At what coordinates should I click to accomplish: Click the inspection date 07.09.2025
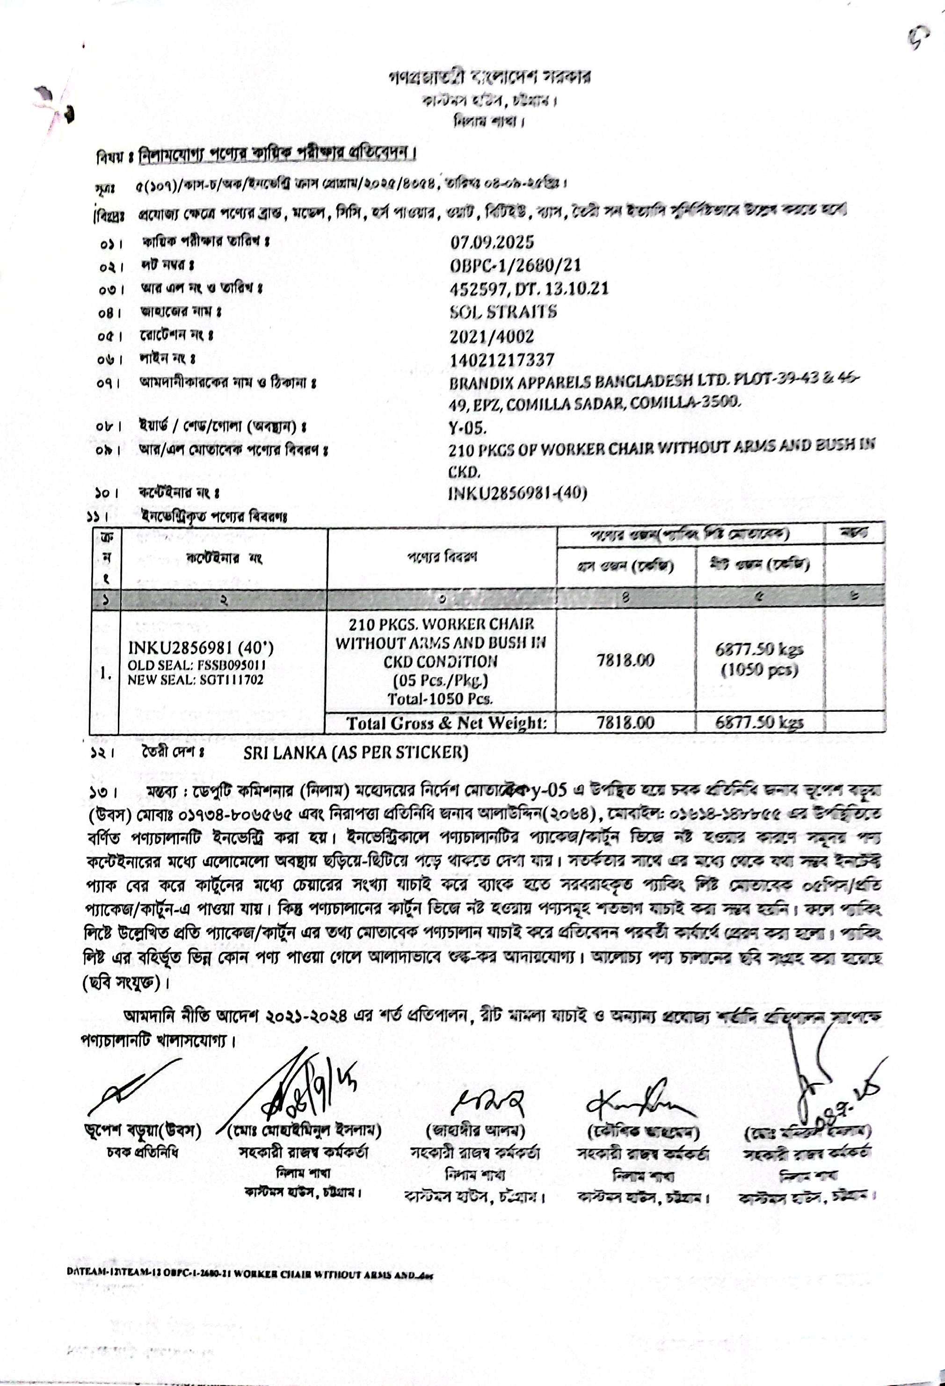(x=492, y=242)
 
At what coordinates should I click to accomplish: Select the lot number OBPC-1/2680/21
(x=516, y=266)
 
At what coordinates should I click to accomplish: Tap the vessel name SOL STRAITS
(x=503, y=312)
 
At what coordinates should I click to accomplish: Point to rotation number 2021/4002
(x=492, y=336)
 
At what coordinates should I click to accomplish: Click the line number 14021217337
(x=502, y=360)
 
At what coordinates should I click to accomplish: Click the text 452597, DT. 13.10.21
(x=529, y=289)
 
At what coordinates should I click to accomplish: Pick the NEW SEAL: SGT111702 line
(x=195, y=680)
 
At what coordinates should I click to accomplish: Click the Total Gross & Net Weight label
(x=446, y=723)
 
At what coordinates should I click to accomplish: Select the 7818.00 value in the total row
(x=625, y=723)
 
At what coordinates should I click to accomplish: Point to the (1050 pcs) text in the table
(x=759, y=671)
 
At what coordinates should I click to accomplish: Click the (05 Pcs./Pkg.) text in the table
(x=440, y=680)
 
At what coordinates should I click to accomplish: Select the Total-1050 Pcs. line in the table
(x=440, y=698)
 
